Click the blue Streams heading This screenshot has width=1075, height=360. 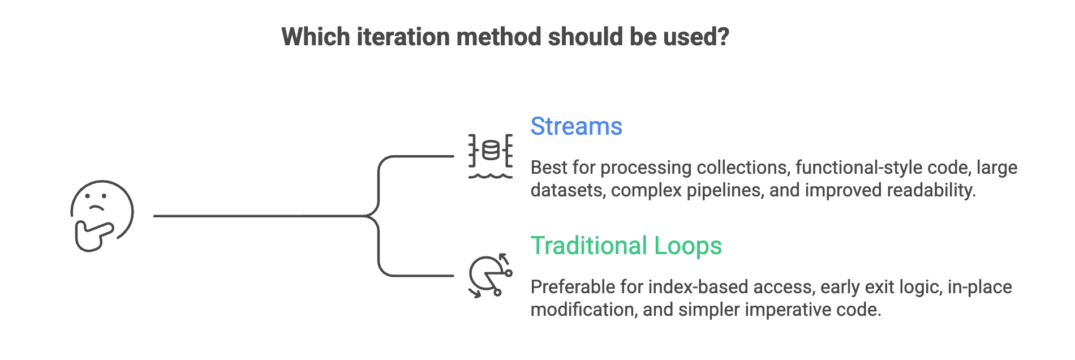576,126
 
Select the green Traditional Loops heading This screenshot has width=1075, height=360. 626,246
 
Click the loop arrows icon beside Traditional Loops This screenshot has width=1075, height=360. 490,276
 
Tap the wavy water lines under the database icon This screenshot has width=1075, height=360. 491,176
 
